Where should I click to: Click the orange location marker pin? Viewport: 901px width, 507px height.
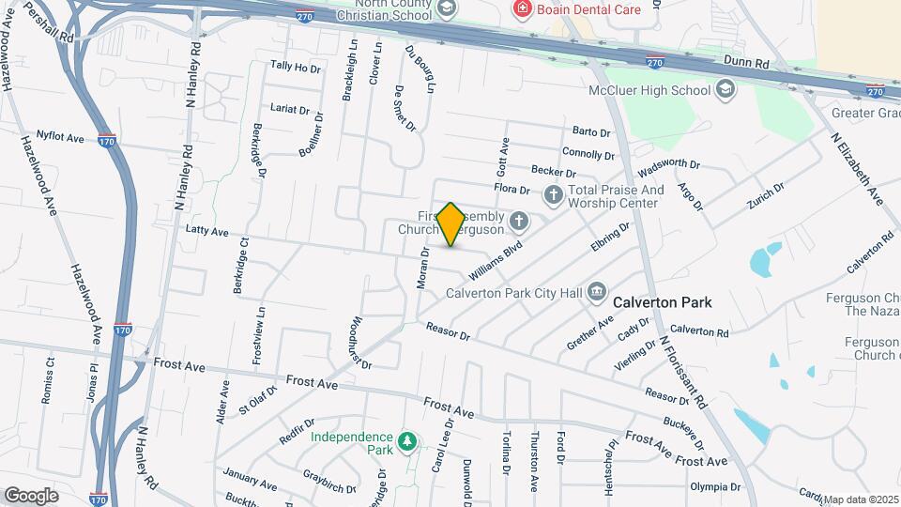pyautogui.click(x=451, y=223)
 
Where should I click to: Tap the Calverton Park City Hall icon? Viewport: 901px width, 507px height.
pyautogui.click(x=597, y=292)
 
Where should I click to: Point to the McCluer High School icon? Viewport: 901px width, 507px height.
pyautogui.click(x=725, y=90)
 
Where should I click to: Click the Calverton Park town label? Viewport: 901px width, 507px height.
pyautogui.click(x=662, y=303)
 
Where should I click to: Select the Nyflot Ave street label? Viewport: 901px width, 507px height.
pyautogui.click(x=60, y=138)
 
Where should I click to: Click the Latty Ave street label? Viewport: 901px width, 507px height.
pyautogui.click(x=207, y=231)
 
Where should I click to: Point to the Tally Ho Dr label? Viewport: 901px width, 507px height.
pyautogui.click(x=295, y=67)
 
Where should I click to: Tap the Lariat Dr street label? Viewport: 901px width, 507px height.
pyautogui.click(x=289, y=109)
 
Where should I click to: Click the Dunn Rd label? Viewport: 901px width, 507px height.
pyautogui.click(x=746, y=61)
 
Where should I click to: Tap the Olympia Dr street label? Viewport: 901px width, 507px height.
pyautogui.click(x=715, y=487)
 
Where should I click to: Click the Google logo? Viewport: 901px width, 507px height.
pyautogui.click(x=31, y=495)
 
